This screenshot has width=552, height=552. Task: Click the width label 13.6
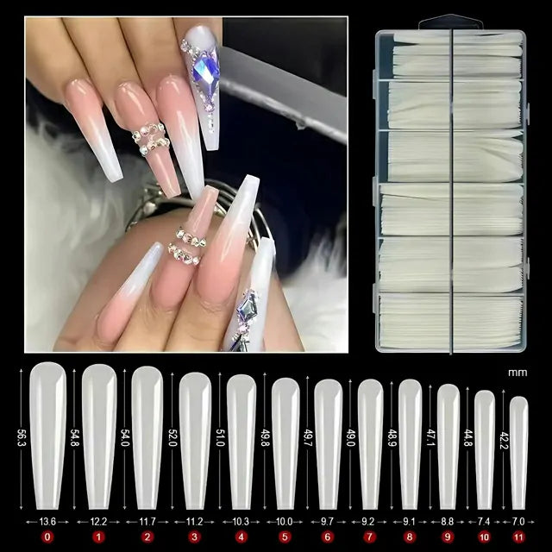[47, 522]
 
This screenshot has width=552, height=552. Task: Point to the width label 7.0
[518, 522]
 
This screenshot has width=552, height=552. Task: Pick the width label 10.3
[241, 522]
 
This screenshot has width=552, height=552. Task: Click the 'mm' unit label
[517, 373]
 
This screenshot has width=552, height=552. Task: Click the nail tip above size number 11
[518, 453]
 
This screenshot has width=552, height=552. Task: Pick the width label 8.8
[448, 522]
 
